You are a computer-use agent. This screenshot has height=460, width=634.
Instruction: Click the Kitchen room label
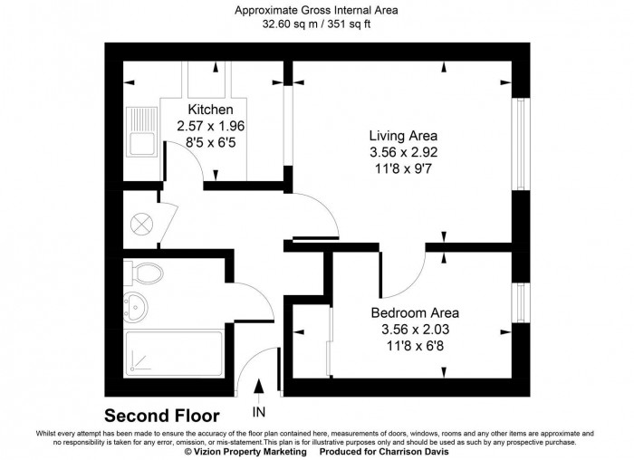coord(211,110)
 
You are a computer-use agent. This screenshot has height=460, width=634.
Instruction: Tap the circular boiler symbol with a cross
coord(141,222)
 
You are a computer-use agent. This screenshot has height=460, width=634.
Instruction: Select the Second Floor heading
coord(161,417)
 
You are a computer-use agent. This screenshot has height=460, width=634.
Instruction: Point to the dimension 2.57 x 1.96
coord(211,127)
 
